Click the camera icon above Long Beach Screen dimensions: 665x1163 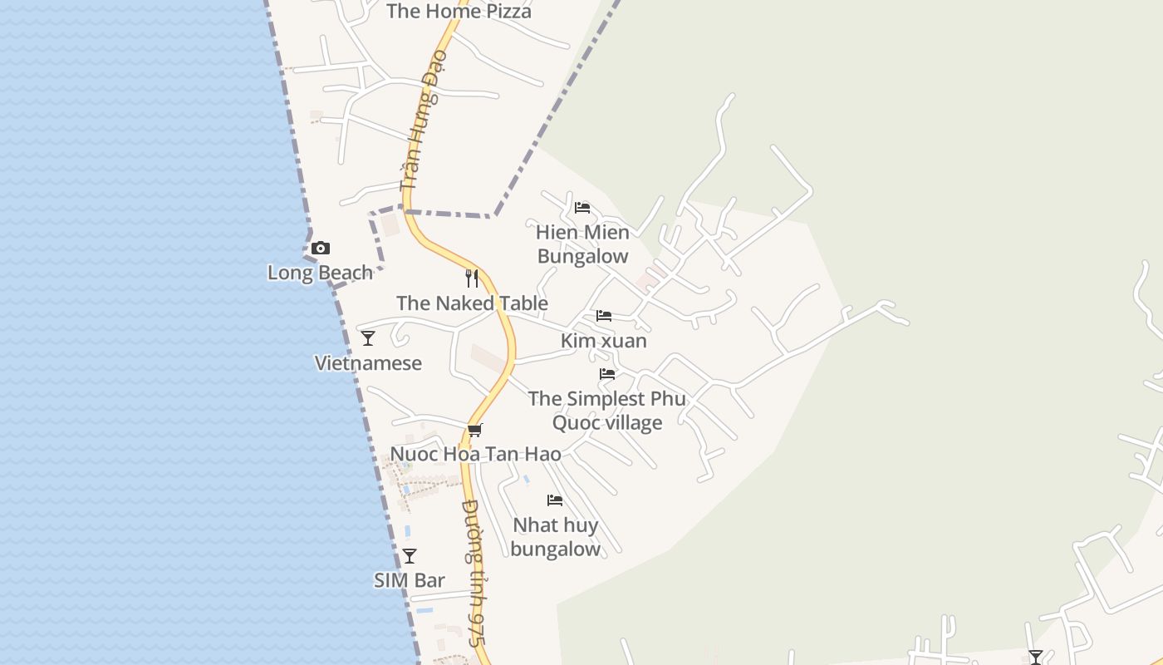321,248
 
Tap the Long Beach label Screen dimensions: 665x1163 320,273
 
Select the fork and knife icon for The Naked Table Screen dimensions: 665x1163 472,278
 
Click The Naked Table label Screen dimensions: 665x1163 472,303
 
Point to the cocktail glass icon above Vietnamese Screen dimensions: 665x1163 368,337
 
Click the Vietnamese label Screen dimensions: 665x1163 368,363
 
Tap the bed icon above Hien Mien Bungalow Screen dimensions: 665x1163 582,207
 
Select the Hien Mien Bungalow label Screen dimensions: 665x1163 582,244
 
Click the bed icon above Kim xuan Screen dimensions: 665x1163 604,316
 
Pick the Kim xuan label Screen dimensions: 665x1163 603,341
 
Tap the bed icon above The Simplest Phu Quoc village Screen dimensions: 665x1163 607,374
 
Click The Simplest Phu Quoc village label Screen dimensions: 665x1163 607,411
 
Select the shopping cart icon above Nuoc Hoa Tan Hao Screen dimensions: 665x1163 475,430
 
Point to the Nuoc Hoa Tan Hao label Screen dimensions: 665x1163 475,454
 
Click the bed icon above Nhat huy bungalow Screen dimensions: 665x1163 555,500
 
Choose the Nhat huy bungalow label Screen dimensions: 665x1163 555,537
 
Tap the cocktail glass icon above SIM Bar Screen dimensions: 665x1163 410,555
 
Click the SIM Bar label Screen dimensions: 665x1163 410,580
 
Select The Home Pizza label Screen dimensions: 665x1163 459,12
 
